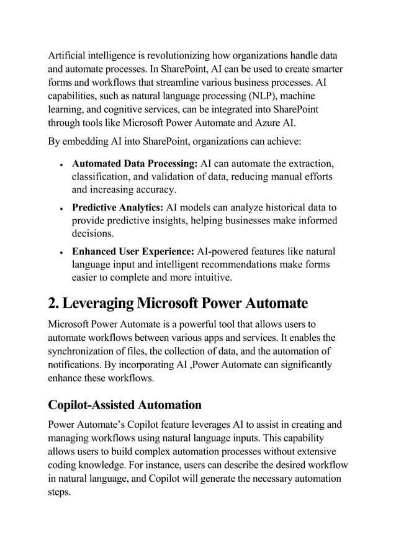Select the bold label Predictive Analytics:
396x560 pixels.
pyautogui.click(x=118, y=207)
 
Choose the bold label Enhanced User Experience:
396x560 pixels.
pyautogui.click(x=133, y=251)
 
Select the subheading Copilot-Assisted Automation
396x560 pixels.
pyautogui.click(x=125, y=405)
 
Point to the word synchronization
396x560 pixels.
pyautogui.click(x=83, y=351)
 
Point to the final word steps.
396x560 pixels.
pyautogui.click(x=60, y=492)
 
